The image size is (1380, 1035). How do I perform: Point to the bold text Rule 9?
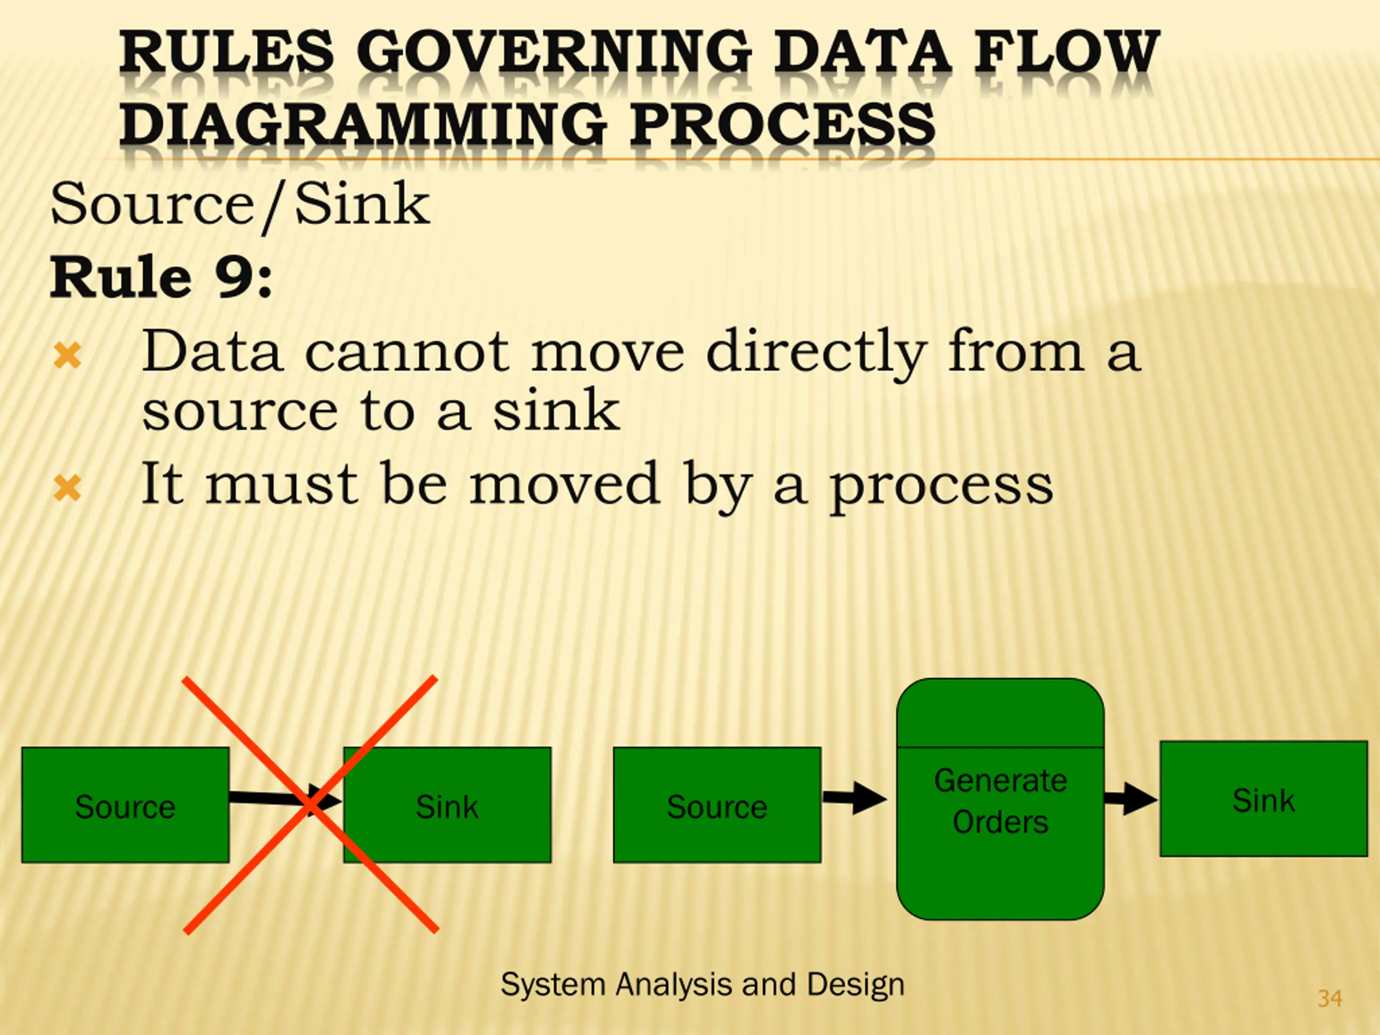click(x=161, y=278)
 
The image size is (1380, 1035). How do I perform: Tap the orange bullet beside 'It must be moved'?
click(x=67, y=488)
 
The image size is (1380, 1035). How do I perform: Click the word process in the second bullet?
click(x=941, y=487)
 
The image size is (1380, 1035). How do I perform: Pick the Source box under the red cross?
click(x=125, y=805)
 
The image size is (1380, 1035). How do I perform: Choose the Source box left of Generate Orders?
click(x=717, y=805)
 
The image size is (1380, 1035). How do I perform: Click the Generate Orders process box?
click(x=1000, y=800)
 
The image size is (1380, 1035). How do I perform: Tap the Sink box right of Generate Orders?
click(x=1264, y=799)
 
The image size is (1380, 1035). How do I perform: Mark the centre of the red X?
click(x=310, y=804)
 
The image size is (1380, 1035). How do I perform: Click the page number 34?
click(x=1329, y=999)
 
